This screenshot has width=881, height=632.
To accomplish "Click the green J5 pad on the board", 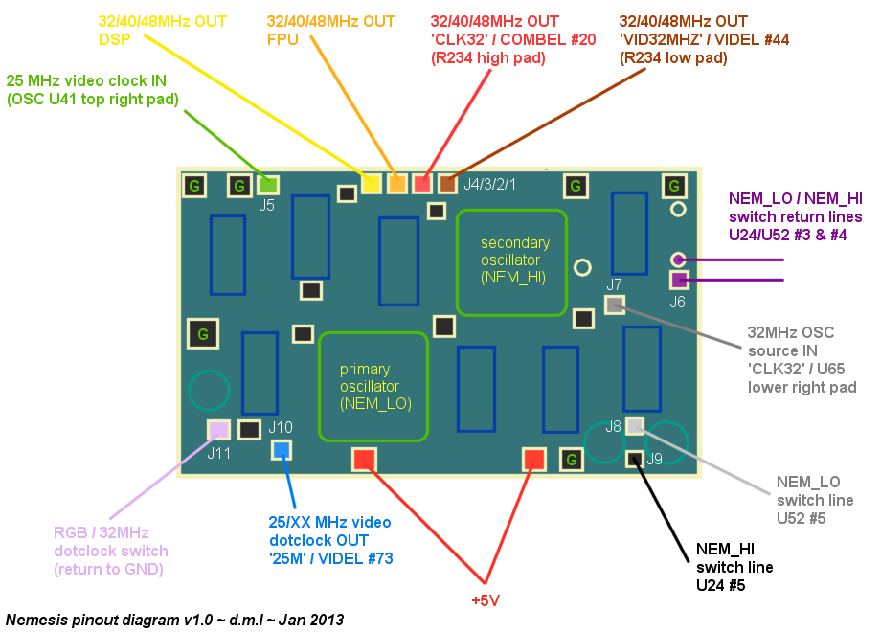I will point(267,185).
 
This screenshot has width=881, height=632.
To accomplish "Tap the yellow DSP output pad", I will point(372,182).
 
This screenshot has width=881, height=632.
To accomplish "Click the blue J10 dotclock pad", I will point(282,449).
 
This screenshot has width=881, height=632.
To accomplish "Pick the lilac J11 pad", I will point(218,430).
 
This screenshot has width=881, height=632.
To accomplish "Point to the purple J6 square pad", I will point(679,281).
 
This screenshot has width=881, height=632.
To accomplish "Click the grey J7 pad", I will point(614,305).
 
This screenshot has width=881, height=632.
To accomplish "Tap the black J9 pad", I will point(634,459).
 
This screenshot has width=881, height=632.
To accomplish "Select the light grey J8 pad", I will point(635,426).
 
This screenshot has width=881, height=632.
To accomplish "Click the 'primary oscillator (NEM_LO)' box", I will point(373,387).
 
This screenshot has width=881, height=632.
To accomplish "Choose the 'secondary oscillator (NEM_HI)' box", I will point(512,261).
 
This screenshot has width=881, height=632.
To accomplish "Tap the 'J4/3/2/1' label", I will point(490,184).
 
